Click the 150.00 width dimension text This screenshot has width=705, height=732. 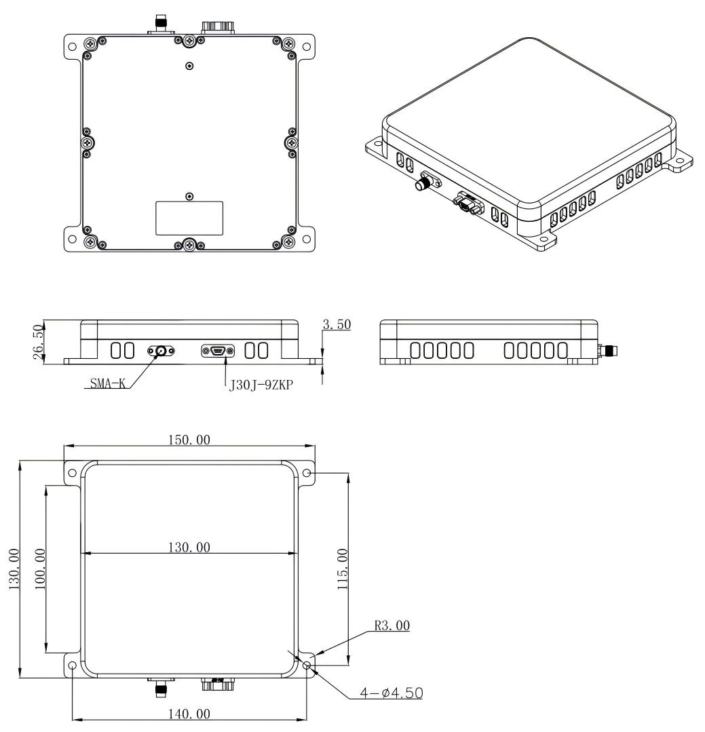[189, 440]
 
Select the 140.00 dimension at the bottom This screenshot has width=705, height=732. [189, 714]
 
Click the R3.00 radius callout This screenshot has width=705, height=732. [393, 625]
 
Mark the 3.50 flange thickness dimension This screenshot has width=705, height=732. [337, 325]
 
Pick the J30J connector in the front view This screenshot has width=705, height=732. [218, 351]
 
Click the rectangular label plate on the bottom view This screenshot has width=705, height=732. [189, 218]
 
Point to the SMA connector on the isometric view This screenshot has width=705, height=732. [426, 182]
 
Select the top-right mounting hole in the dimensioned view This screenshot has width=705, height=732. [307, 472]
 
